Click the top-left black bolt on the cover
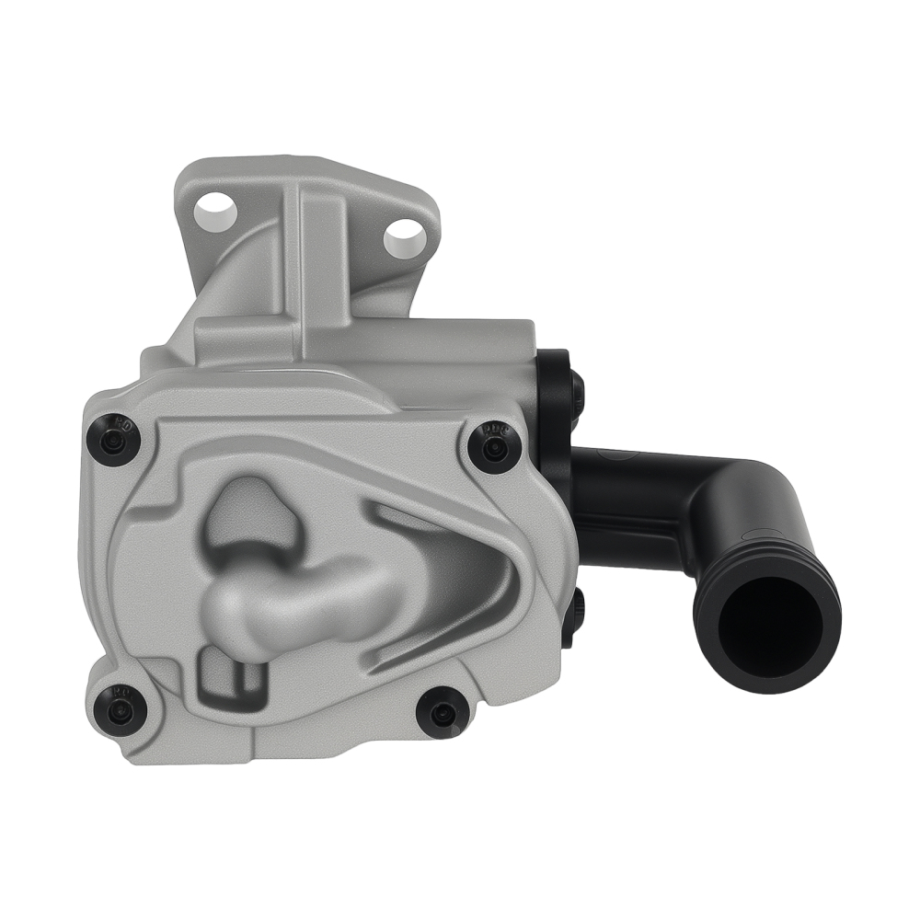click(115, 439)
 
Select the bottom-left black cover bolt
click(119, 708)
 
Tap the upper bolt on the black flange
click(576, 385)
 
